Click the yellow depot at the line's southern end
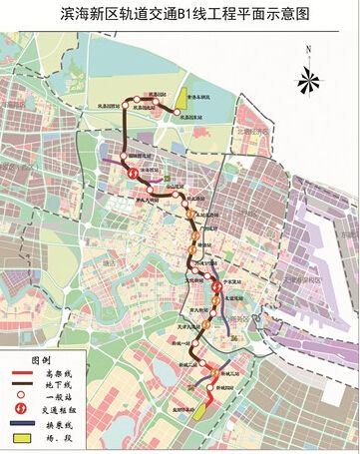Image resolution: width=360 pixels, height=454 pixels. [x=200, y=410]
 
